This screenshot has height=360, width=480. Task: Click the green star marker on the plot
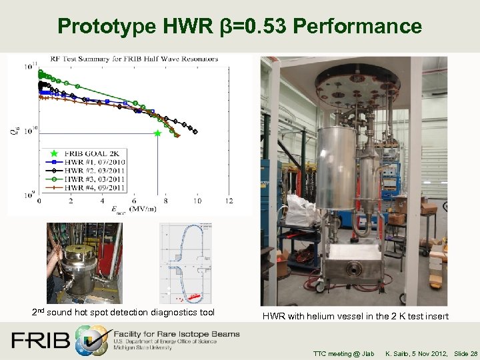157,133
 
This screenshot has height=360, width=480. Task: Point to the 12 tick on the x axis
229,201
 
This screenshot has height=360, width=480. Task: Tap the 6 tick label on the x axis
134,201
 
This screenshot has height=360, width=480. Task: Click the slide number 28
473,353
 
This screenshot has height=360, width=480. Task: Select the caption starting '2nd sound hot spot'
123,312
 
